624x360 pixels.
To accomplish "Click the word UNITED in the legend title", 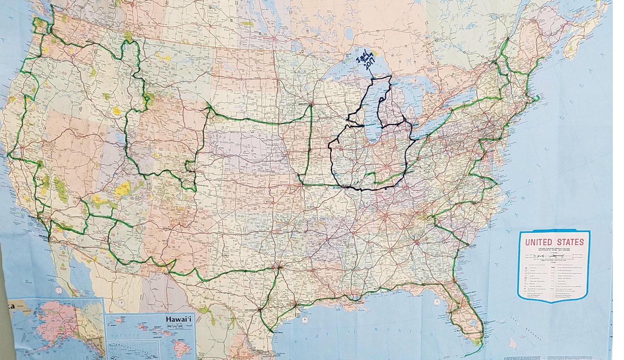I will pos(540,242).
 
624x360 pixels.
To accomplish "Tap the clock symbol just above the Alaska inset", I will pos(59,290).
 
